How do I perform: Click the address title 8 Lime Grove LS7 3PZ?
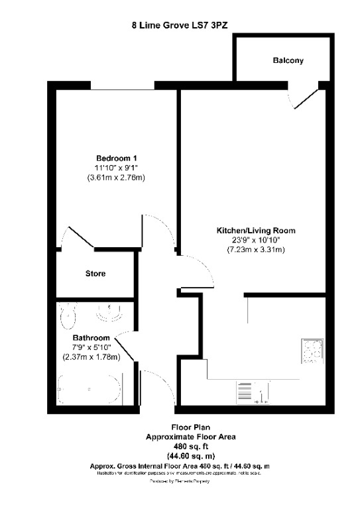180,26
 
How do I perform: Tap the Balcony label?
288,60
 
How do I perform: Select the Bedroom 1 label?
117,158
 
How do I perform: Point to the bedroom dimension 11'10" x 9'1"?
117,168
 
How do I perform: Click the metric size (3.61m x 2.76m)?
117,178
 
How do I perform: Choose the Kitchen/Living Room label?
255,231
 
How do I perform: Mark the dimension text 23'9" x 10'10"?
255,240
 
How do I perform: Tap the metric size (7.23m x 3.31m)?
255,250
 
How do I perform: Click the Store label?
95,273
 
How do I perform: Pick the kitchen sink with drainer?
255,392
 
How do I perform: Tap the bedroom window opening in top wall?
122,85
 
